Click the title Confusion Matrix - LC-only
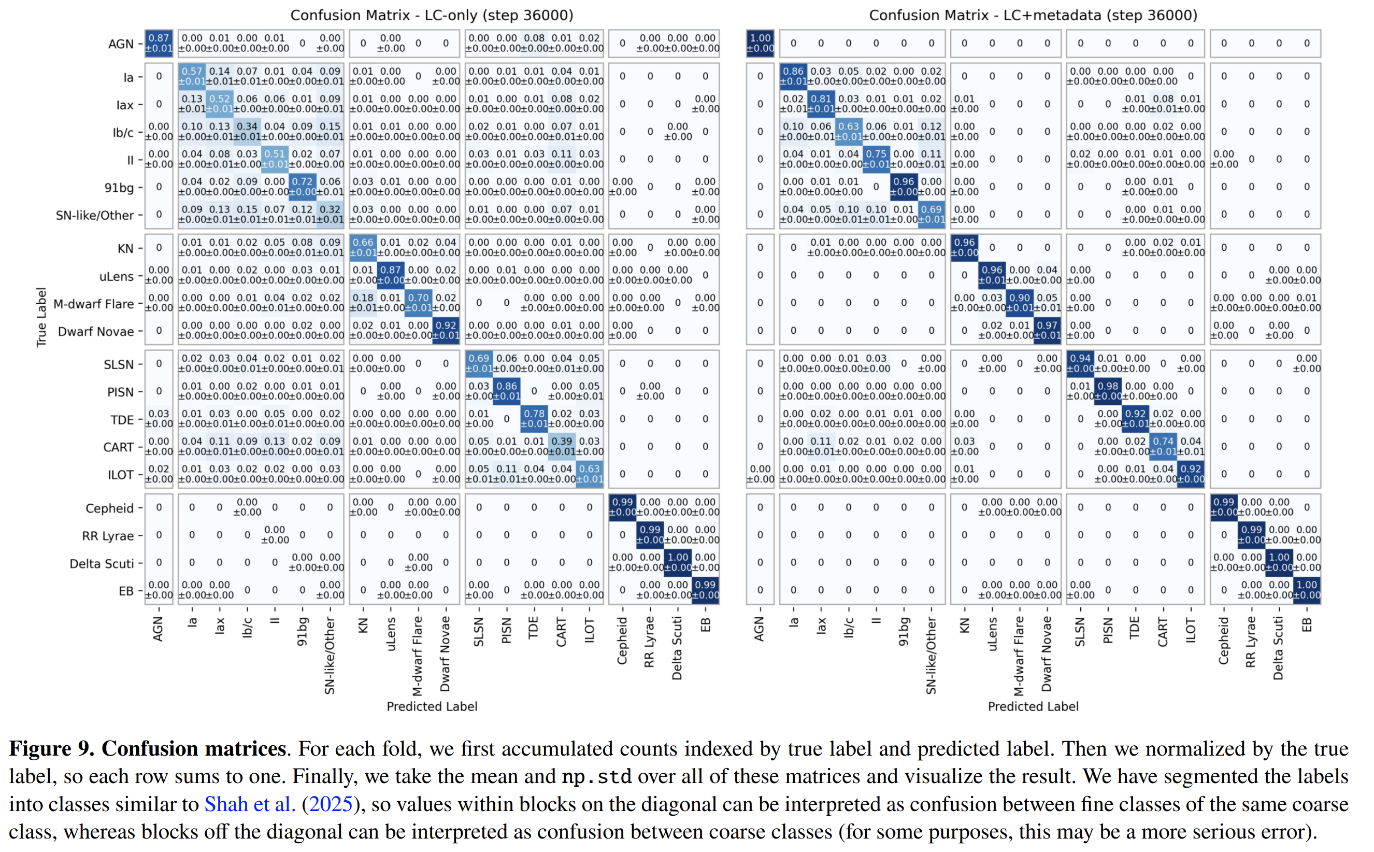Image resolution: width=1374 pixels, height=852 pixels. coord(431,15)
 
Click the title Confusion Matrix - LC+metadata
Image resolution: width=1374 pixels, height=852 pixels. coord(1033,15)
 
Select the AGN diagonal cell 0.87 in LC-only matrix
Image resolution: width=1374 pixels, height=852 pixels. coord(159,43)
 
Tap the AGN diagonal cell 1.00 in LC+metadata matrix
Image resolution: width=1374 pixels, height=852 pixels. coord(760,43)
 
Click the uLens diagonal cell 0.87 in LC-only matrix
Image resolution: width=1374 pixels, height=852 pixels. coord(391,275)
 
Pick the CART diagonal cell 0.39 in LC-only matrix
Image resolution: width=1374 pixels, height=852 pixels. coord(562,446)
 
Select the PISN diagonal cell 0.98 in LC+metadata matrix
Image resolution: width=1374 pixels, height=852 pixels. coord(1108,391)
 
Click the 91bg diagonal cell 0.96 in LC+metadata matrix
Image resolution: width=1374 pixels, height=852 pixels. coord(904,187)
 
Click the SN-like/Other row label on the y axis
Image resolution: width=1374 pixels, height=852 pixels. coord(95,215)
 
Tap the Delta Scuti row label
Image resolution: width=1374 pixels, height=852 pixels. coord(102,563)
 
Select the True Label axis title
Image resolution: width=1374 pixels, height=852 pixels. coord(41,317)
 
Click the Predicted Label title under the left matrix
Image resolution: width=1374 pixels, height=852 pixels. coord(432,706)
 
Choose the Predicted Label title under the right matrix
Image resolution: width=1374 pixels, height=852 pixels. coord(1033,706)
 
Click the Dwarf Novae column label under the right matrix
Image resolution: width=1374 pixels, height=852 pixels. coord(1046,654)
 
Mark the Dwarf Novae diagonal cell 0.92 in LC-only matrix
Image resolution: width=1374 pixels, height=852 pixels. coord(446,330)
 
